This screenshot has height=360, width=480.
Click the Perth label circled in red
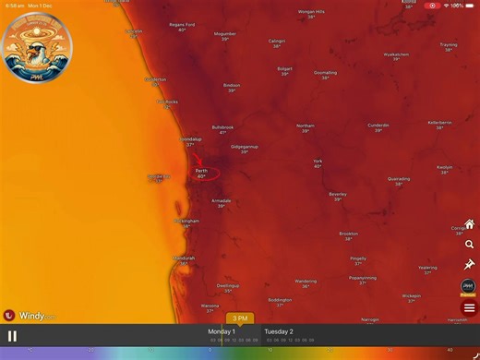coord(201,172)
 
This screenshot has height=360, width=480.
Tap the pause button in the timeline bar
coord(12,336)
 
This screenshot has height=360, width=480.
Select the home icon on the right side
coord(470,224)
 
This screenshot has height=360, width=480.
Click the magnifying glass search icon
coord(470,245)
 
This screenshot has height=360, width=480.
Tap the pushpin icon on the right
coord(470,265)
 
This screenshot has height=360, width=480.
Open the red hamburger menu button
coord(470,307)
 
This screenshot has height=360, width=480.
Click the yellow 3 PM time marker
coord(239,318)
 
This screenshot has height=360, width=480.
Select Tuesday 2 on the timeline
coord(279,330)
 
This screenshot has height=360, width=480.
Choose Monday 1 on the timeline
coord(222,330)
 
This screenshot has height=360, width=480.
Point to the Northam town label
coord(306,126)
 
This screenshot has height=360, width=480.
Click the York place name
coord(318,161)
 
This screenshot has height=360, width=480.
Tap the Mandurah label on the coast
coord(185,258)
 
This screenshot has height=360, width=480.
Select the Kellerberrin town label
coord(440,123)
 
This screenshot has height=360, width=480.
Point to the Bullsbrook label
coord(222,127)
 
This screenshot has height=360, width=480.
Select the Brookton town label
coord(349,234)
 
